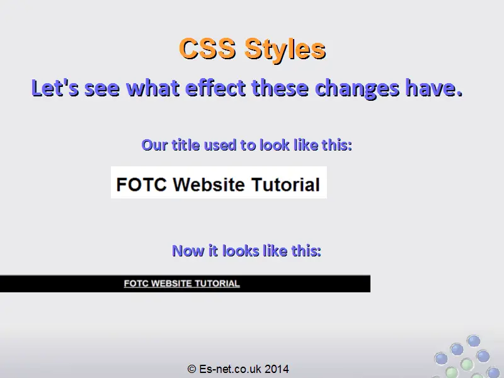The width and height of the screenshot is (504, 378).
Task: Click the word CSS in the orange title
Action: (207, 49)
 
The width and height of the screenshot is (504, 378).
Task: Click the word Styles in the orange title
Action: (285, 50)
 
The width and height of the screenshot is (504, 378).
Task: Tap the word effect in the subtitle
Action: (215, 88)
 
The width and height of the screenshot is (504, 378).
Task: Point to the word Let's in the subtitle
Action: (55, 88)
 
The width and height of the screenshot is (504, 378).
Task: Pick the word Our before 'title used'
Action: (154, 145)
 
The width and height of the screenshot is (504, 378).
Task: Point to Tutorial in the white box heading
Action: (285, 185)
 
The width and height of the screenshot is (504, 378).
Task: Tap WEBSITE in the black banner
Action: (171, 283)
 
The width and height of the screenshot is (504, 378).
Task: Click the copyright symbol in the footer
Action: (192, 369)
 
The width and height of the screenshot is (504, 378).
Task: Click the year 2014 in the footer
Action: (277, 369)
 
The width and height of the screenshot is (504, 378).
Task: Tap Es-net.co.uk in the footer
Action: (230, 369)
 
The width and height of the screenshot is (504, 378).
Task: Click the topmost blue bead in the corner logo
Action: (474, 341)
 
